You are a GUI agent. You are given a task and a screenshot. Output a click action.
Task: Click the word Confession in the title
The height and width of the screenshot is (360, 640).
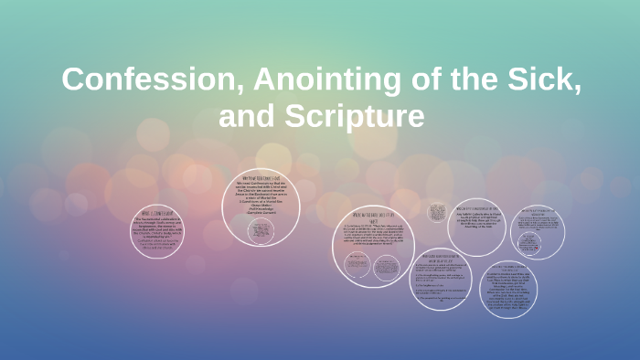pos(131,80)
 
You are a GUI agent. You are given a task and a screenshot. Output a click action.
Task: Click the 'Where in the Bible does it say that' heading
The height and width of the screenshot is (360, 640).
pos(373,216)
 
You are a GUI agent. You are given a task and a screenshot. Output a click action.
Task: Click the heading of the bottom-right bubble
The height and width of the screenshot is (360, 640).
pos(507,268)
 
